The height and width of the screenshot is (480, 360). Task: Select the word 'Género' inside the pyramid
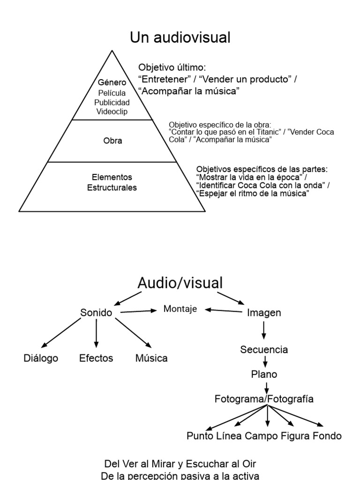tap(112, 82)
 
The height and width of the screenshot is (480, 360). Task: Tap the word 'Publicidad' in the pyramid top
tap(112, 102)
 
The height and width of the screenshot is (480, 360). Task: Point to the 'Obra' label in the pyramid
tap(112, 140)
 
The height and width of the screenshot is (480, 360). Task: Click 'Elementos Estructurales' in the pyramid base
tap(112, 183)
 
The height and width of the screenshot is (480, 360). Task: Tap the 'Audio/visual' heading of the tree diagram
tap(180, 282)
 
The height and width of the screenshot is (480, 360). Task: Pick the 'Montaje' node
tap(180, 309)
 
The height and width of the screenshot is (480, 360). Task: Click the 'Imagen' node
tap(264, 313)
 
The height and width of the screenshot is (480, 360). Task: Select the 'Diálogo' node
tap(41, 359)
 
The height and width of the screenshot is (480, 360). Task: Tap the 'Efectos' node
tap(96, 359)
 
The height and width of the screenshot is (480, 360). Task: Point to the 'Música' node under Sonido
tap(151, 359)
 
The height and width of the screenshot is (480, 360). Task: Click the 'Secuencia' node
tap(264, 350)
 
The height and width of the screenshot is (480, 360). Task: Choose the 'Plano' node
tap(264, 375)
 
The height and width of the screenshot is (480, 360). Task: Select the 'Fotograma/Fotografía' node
tap(264, 399)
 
